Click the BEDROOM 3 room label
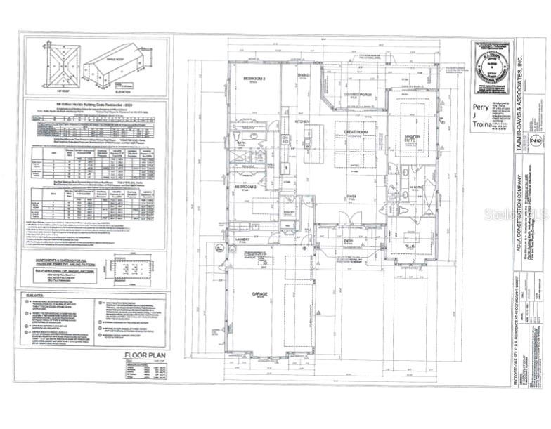click(x=254, y=78)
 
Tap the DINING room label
click(x=304, y=75)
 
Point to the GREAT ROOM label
click(x=357, y=131)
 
